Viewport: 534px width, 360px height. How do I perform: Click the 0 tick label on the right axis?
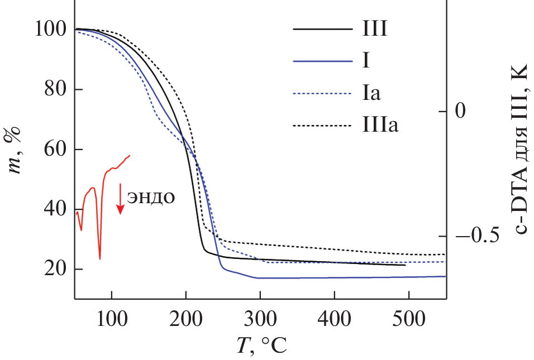pyautogui.click(x=460, y=112)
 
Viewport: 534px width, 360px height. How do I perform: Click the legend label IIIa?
pyautogui.click(x=380, y=125)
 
